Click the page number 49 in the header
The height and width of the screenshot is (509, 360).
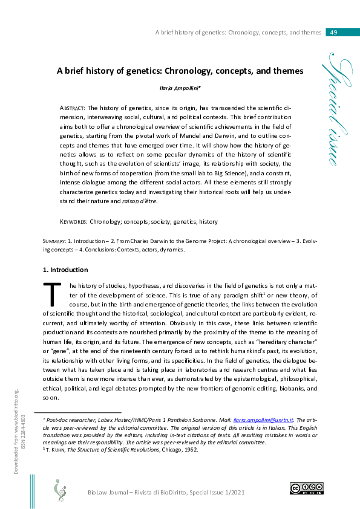333,32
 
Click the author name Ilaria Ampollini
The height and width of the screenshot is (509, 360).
179,87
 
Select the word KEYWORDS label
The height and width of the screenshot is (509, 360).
77,222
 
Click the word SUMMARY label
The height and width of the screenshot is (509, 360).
55,241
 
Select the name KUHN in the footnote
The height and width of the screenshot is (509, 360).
59,449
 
